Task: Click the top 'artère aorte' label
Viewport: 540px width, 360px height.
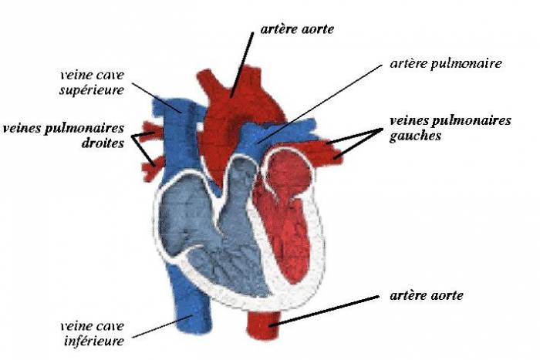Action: [297, 29]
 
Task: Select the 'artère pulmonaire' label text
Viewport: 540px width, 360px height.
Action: [446, 64]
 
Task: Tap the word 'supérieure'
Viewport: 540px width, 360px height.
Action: [92, 90]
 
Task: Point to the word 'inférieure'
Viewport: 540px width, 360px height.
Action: [94, 341]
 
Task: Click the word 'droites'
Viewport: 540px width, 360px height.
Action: [103, 143]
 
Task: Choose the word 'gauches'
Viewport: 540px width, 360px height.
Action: [415, 136]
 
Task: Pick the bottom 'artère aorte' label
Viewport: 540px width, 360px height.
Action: [427, 295]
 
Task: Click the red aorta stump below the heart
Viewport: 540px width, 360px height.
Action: [264, 323]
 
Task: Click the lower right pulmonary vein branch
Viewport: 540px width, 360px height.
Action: [154, 168]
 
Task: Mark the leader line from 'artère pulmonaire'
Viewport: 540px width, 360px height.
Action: [319, 103]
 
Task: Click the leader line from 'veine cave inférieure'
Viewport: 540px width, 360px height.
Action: [161, 327]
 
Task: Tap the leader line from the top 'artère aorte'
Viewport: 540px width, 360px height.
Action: [241, 65]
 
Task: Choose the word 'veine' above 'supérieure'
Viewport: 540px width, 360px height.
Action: [75, 75]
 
